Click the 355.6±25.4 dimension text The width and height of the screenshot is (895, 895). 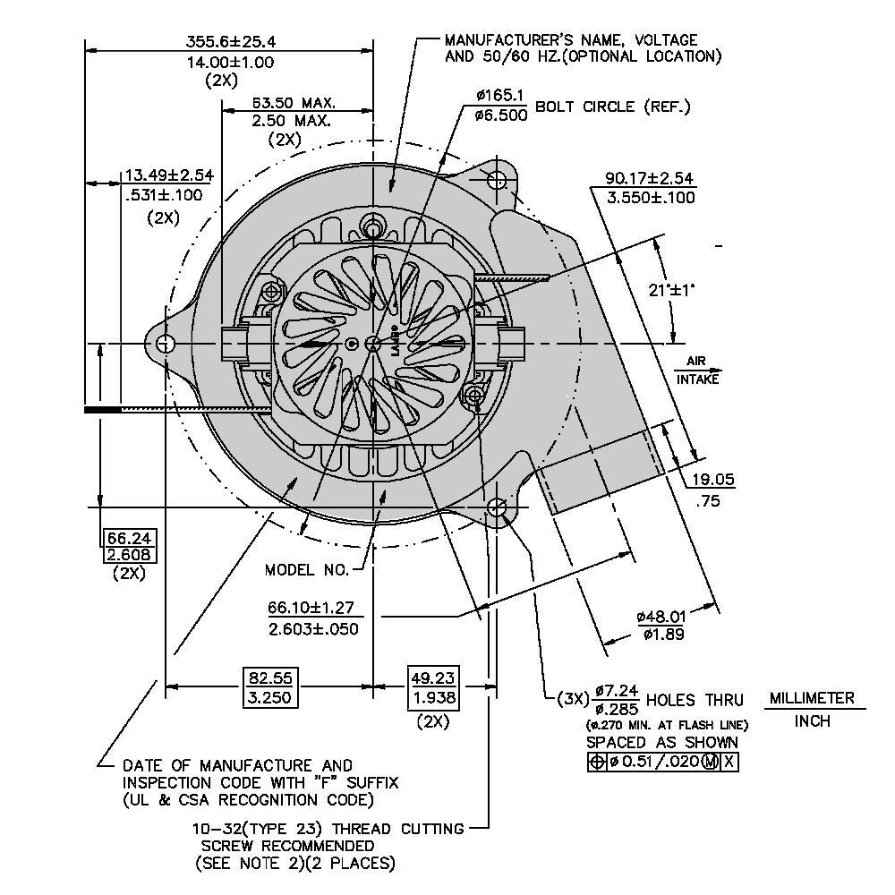point(231,41)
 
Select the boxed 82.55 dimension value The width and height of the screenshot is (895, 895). point(270,678)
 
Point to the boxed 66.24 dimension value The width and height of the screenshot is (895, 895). point(131,538)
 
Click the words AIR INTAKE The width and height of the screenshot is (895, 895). point(697,371)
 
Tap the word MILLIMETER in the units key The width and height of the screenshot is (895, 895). point(812,698)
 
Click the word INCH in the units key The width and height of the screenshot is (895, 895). point(812,721)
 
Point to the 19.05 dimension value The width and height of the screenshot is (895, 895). point(713,480)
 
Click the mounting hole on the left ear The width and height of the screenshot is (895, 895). point(165,345)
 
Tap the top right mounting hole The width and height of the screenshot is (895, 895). point(497,179)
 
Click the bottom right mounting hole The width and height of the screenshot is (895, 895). point(497,509)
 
